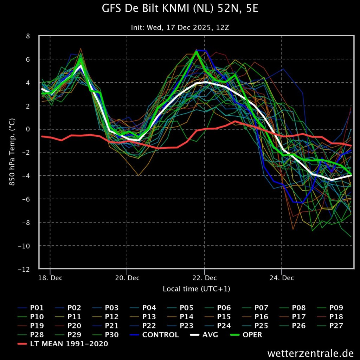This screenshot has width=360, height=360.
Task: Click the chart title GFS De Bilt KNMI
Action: [x=180, y=8]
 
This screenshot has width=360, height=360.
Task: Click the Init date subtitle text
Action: [x=180, y=27]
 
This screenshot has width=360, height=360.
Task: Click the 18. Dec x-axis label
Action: [x=50, y=278]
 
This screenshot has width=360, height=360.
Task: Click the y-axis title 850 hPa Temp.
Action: [x=12, y=152]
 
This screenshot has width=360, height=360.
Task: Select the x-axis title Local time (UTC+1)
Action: [x=197, y=289]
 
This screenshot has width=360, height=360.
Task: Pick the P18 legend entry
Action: [x=336, y=317]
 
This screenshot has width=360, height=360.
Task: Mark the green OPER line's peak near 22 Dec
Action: [x=197, y=51]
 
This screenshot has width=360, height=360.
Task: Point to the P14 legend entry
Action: [x=186, y=317]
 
